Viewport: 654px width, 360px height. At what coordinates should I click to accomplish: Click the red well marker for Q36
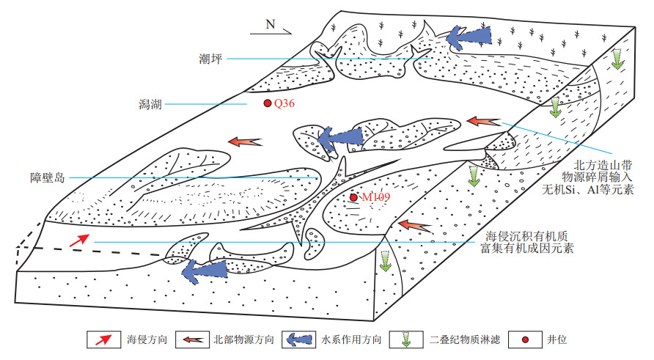coord(268,104)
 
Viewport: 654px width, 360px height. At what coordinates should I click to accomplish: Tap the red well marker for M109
coord(353,197)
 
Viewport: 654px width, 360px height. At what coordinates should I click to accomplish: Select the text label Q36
coord(284,104)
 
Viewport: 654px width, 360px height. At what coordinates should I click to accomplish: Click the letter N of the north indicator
coord(270,24)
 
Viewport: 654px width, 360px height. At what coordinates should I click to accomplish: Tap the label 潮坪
coord(210,58)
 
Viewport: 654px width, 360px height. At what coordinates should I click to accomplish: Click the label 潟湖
coord(147,105)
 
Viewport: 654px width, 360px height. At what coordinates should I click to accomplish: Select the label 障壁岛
coord(49,177)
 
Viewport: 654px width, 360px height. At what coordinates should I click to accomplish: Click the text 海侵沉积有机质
coord(528,237)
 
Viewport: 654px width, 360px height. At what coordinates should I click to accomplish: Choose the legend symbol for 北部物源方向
coord(194,339)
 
